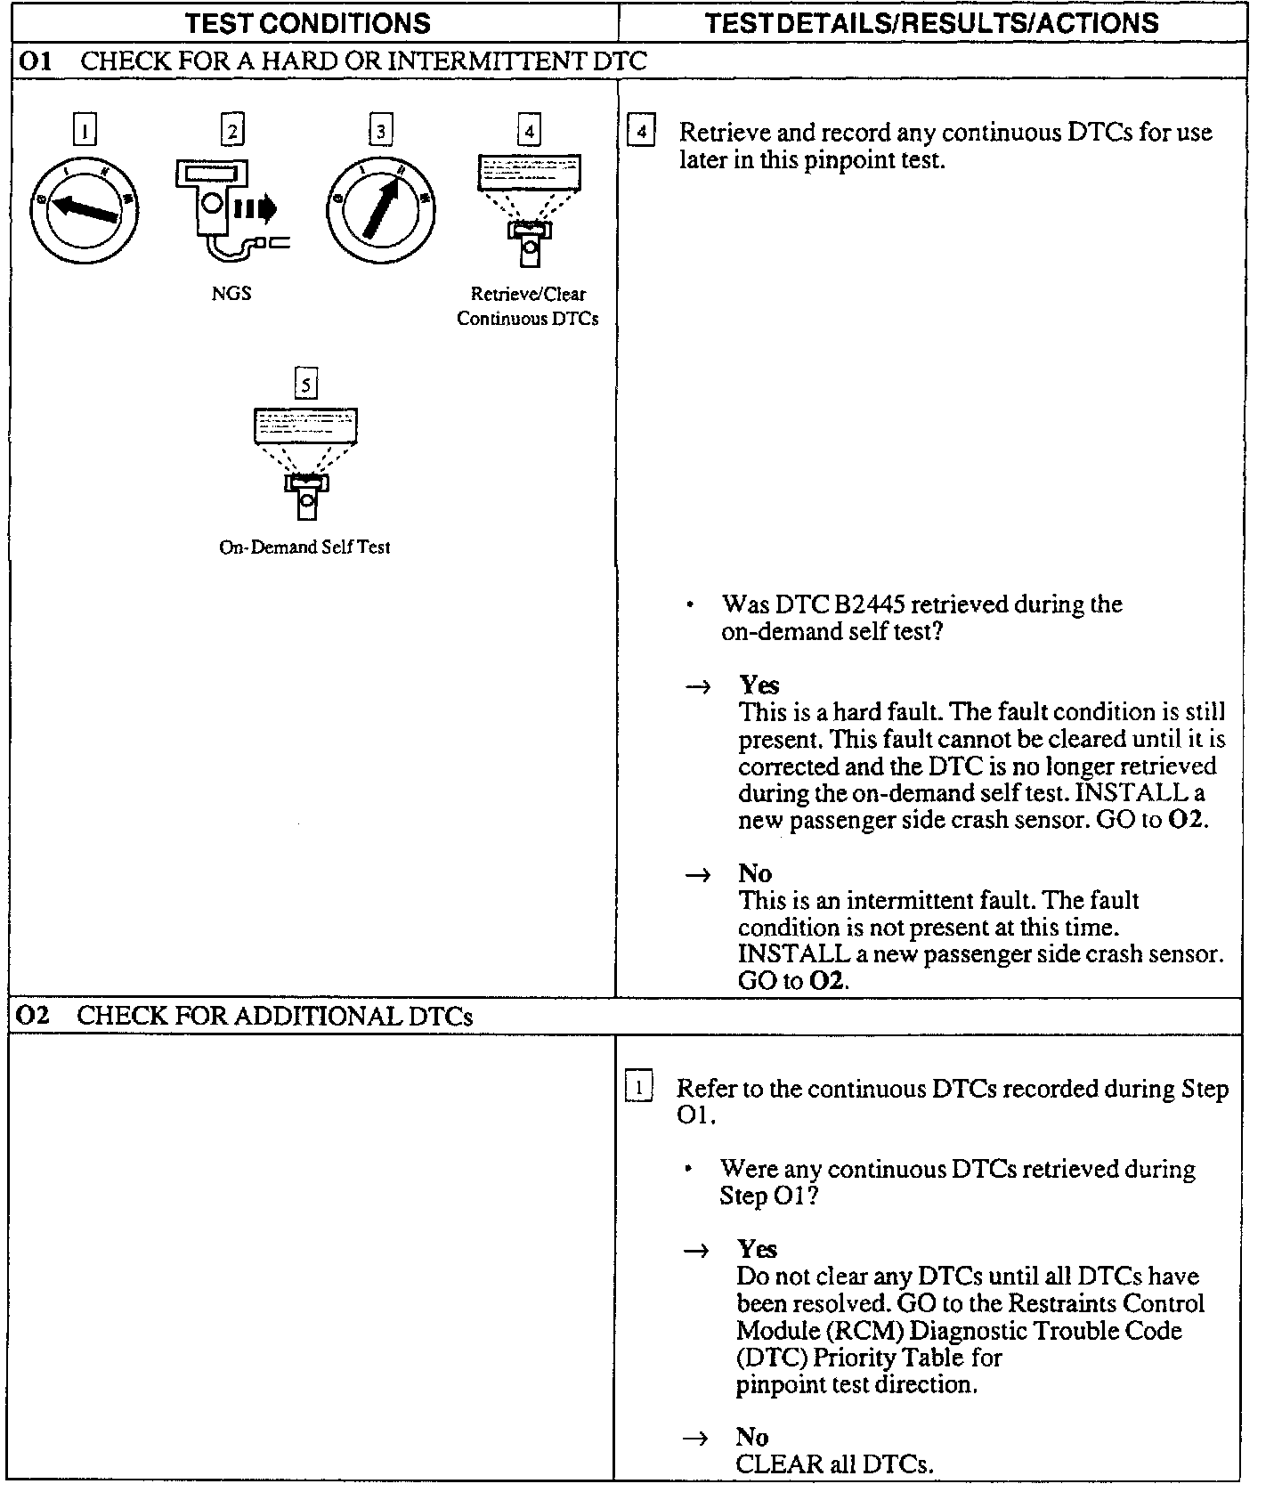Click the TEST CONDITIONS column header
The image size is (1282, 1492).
[x=307, y=22]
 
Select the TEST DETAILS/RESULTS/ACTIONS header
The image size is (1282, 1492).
[x=931, y=22]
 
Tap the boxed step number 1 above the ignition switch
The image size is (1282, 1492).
[x=84, y=132]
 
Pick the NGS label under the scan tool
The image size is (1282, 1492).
[x=231, y=293]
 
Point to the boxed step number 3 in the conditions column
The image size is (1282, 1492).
[x=380, y=132]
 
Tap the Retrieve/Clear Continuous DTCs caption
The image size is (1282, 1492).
[x=528, y=305]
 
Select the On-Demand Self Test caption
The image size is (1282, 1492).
[x=304, y=547]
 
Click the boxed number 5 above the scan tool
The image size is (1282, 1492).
[x=305, y=385]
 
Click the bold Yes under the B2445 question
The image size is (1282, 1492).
[x=759, y=685]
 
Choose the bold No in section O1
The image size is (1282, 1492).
[x=754, y=872]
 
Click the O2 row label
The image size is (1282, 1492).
[x=34, y=1016]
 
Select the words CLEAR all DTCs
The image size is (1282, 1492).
[x=834, y=1464]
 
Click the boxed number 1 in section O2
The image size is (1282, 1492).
[x=639, y=1088]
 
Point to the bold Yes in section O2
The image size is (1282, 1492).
[x=757, y=1248]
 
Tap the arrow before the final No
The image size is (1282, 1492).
[x=696, y=1438]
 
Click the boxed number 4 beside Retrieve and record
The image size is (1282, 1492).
[x=641, y=133]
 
